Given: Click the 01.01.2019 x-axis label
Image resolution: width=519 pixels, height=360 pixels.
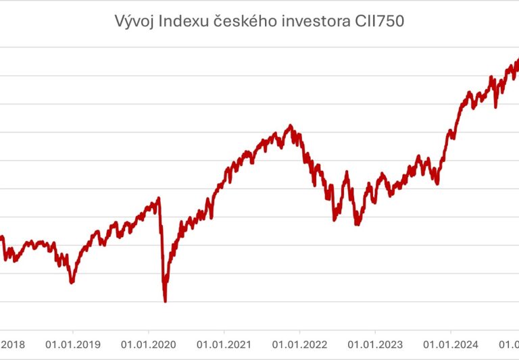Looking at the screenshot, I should tap(73, 344).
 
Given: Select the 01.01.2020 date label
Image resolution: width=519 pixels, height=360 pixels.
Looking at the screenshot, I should tap(149, 344).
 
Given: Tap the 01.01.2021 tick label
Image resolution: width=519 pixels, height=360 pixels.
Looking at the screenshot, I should tap(224, 344).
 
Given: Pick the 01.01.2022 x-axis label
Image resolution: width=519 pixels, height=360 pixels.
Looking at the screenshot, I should tap(300, 344).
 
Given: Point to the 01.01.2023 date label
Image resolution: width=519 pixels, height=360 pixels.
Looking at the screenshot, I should tap(375, 344).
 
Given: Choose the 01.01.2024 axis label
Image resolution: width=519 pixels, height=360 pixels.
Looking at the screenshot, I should tap(451, 344).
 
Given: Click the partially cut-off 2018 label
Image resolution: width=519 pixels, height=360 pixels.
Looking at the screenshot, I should tap(12, 344).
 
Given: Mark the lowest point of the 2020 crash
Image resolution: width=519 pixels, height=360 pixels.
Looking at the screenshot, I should tap(165, 301).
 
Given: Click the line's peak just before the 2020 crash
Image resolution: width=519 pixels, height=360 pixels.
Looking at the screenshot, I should tap(159, 198).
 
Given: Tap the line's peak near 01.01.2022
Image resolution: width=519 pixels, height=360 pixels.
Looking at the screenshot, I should tap(290, 126).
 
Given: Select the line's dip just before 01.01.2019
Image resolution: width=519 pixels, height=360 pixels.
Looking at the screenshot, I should tap(72, 282).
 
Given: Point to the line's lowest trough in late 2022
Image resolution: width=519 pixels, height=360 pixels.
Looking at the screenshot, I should tap(356, 224).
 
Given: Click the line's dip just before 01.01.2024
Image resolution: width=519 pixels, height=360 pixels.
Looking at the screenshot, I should tap(437, 184).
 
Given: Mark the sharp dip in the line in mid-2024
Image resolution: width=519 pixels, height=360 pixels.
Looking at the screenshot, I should tap(497, 106).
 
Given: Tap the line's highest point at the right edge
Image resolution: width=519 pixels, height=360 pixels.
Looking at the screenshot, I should tap(517, 59).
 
